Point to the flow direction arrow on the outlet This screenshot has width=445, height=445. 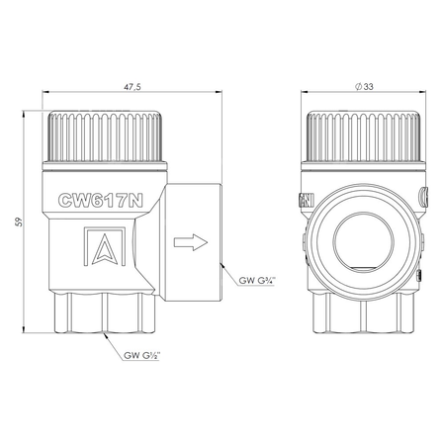[x=189, y=240]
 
